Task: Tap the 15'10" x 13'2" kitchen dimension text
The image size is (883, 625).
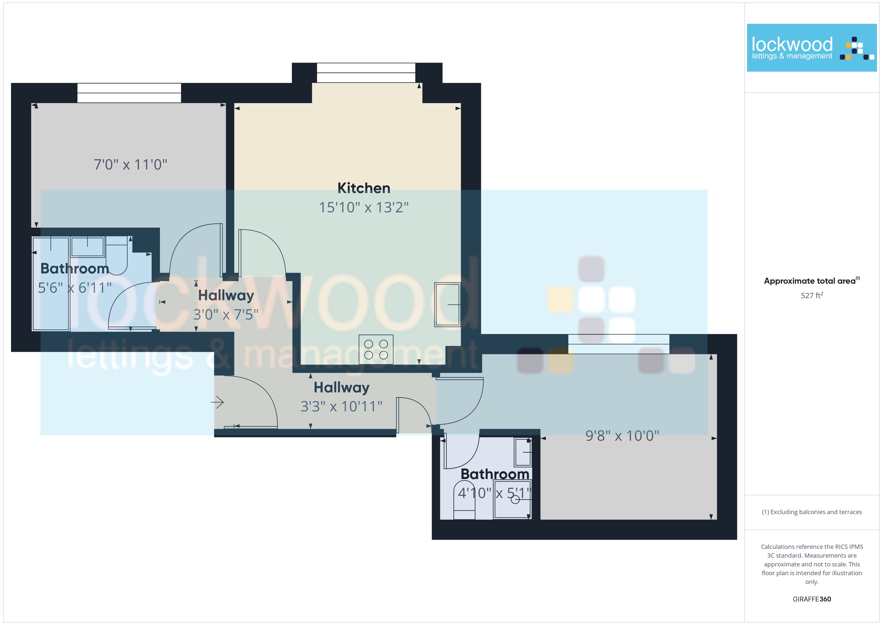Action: pos(364,207)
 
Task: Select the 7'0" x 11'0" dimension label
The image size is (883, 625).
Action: pos(130,165)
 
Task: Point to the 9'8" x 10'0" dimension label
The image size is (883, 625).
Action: pos(622,436)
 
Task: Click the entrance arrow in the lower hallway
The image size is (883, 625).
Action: pos(217,403)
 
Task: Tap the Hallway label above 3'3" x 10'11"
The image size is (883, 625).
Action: pos(341,388)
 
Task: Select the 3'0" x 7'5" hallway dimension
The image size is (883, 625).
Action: pos(226,315)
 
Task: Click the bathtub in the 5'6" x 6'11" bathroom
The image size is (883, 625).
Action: pos(51,284)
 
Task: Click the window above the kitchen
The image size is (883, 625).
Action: pos(366,73)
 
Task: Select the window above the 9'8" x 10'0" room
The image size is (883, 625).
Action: pos(619,344)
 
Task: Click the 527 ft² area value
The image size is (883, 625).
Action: pos(812,295)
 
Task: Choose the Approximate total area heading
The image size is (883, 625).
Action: pos(812,281)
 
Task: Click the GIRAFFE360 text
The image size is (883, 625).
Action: pos(812,599)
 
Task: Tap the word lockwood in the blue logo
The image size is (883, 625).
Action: pos(792,45)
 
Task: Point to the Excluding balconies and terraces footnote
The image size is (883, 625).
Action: pos(812,512)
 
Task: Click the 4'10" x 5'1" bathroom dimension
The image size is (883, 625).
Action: pos(495,493)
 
